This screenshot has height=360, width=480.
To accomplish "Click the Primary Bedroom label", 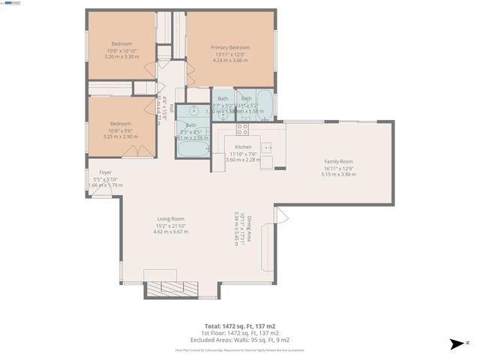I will click(x=230, y=47).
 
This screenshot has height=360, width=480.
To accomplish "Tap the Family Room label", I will click(x=338, y=161).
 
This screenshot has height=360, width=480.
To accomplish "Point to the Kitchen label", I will click(x=243, y=147).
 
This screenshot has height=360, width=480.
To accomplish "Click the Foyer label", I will click(x=95, y=172).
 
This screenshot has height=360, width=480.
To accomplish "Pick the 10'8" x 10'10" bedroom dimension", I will click(x=121, y=50).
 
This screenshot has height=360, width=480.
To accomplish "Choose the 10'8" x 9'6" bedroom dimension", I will click(x=121, y=130).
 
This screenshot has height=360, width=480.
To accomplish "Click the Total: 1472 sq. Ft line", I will click(x=240, y=326).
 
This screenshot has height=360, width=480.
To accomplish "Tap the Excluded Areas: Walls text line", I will click(x=240, y=338).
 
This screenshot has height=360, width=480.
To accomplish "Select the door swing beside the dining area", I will click(x=281, y=216).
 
